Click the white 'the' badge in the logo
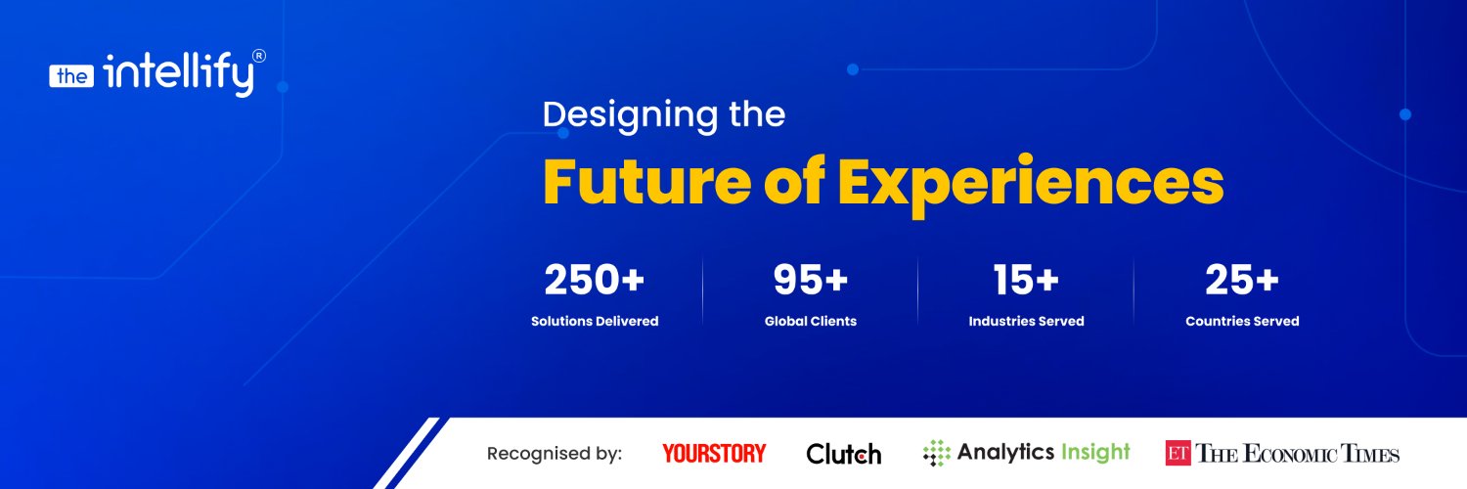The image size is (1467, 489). pos(71,76)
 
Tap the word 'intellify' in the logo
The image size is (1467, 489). pos(178,74)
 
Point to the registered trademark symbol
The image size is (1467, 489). pos(259,57)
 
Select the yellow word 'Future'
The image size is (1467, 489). pos(647,181)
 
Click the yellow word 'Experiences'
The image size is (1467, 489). pos(1031,185)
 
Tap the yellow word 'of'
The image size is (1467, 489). pos(794,180)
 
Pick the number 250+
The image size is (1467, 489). pos(594,280)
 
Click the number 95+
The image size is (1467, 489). pos(810,280)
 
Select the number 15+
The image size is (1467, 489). pos(1026,280)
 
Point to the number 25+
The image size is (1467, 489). pos(1242,280)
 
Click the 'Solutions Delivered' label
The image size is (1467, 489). pos(595,321)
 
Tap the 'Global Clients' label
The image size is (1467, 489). pos(811,321)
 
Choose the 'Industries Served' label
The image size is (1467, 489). pos(1026,321)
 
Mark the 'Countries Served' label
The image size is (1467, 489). pos(1242,321)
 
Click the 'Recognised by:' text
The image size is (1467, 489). pos(555,454)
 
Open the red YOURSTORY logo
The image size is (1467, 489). pos(714,453)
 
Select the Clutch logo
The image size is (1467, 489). pos(843,454)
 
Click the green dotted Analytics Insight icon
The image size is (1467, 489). pos(937,453)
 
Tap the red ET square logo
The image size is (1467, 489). pos(1178,453)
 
